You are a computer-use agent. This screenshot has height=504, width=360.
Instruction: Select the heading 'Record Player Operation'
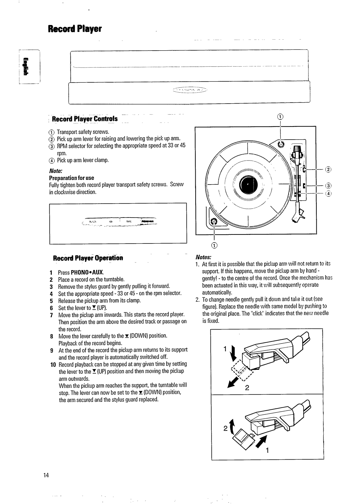(x=88, y=258)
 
